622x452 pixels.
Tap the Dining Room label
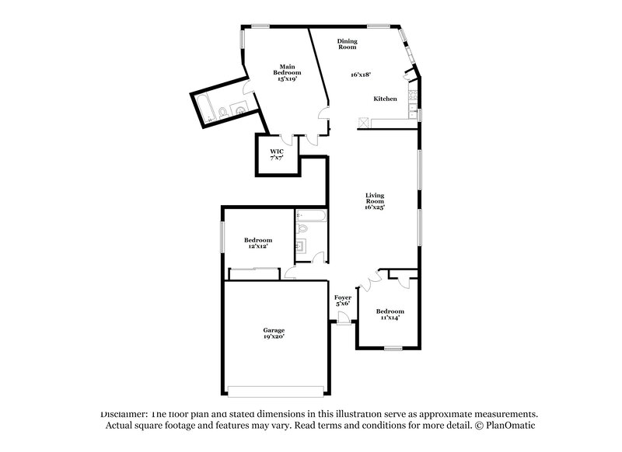(347, 43)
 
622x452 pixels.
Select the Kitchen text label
(385, 99)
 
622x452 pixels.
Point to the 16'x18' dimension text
(360, 75)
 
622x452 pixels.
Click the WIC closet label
(276, 151)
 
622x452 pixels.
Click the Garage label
(273, 330)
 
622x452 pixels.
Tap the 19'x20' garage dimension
(273, 336)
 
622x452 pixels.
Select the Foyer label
(342, 297)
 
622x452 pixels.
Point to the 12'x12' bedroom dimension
(257, 246)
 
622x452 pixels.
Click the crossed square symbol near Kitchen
(363, 122)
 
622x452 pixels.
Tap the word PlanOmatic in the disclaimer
(508, 426)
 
